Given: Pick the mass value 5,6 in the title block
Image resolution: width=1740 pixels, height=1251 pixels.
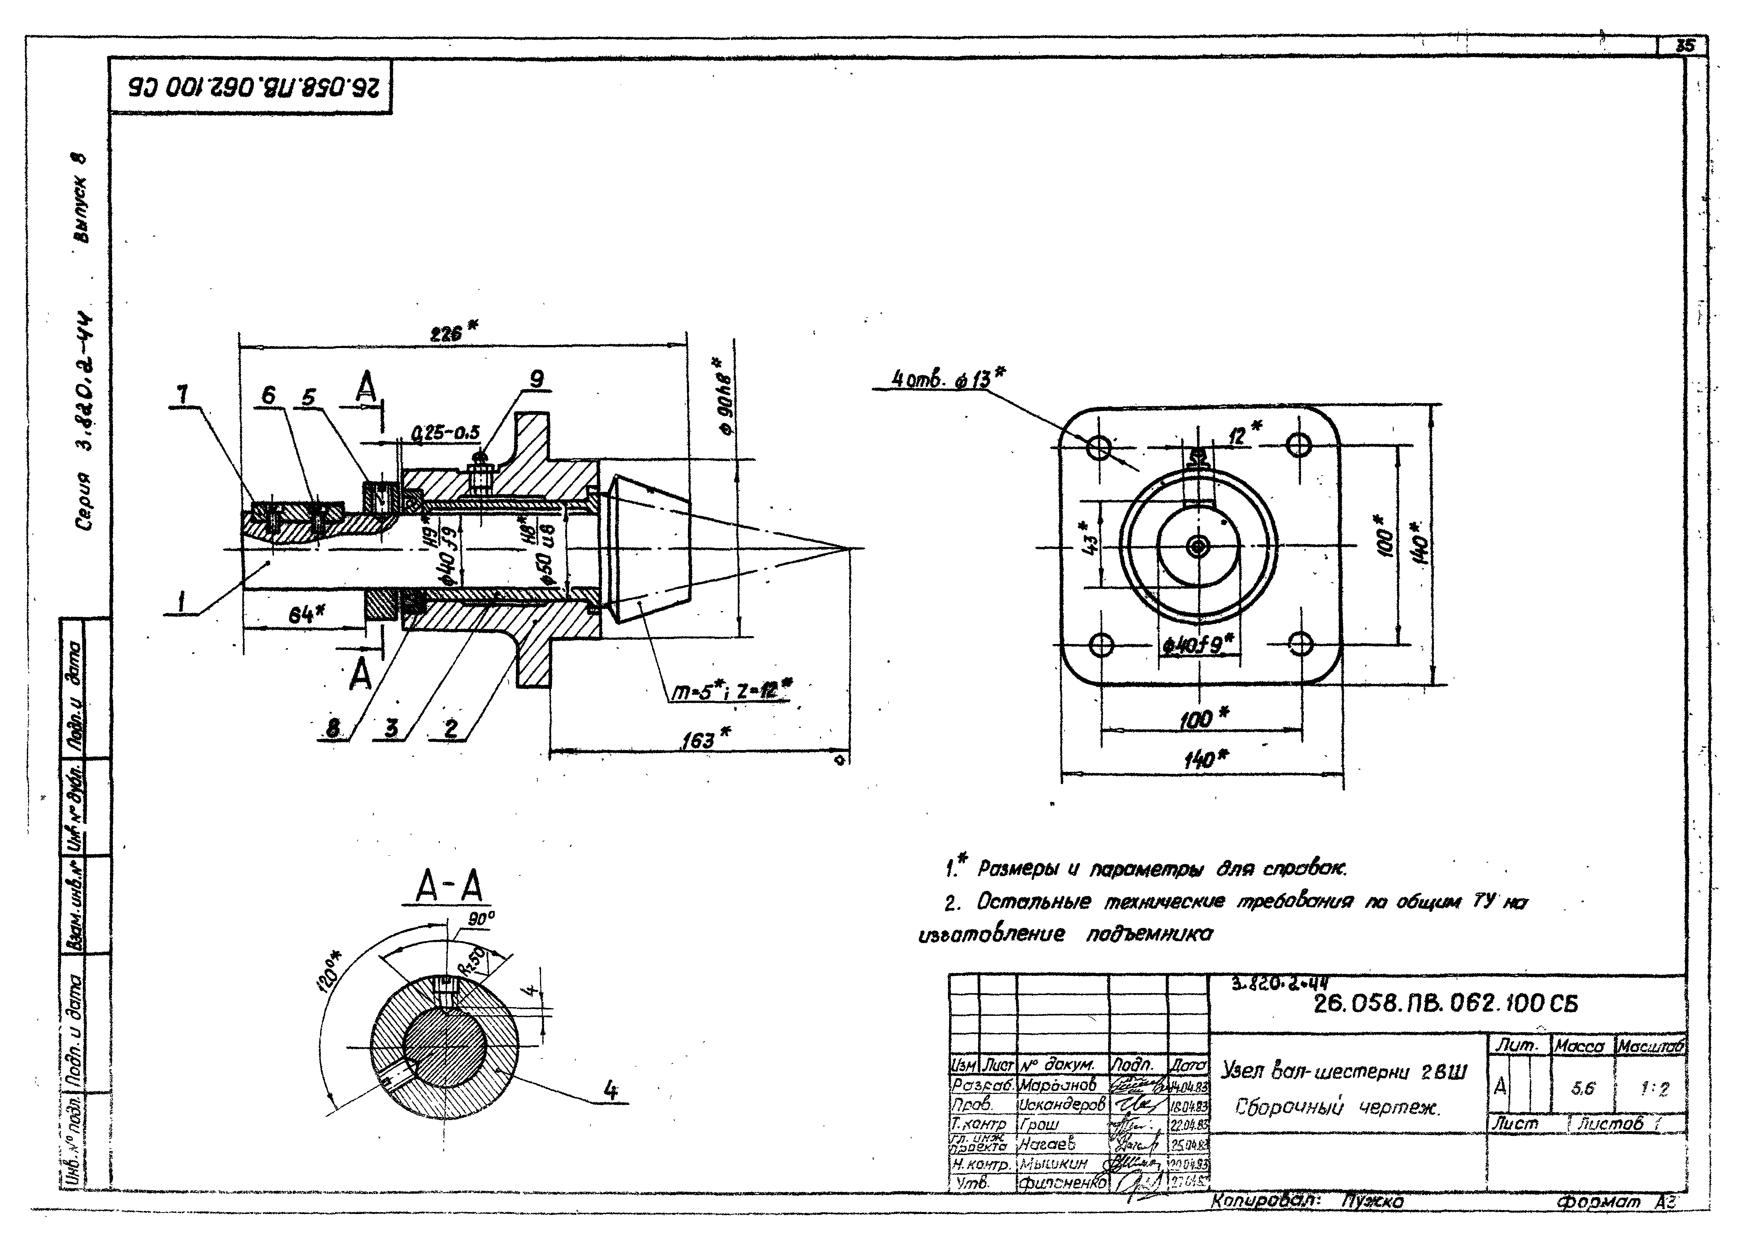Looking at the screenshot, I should click(1582, 1088).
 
